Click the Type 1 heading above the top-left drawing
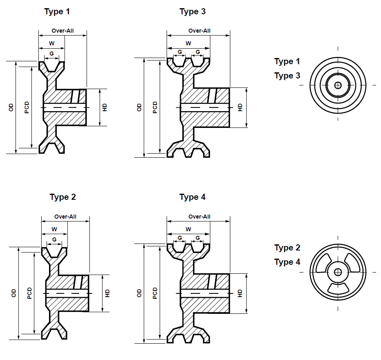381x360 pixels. pyautogui.click(x=57, y=11)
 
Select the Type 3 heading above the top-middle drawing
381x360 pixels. pyautogui.click(x=192, y=11)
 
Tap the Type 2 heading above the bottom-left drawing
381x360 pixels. pyautogui.click(x=63, y=197)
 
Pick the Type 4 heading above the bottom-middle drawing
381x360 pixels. pyautogui.click(x=192, y=197)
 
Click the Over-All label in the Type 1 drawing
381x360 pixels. pyautogui.click(x=63, y=31)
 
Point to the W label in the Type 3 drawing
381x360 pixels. pyautogui.click(x=188, y=43)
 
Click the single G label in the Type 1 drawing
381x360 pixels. pyautogui.click(x=52, y=54)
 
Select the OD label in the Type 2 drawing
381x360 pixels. pyautogui.click(x=14, y=293)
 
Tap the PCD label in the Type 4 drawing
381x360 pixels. pyautogui.click(x=155, y=293)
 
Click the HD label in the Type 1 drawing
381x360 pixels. pyautogui.click(x=105, y=107)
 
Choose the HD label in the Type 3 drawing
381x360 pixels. pyautogui.click(x=240, y=107)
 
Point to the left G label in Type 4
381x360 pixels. pyautogui.click(x=180, y=238)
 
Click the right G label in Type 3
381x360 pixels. pyautogui.click(x=198, y=52)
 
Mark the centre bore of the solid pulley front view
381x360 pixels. pyautogui.click(x=338, y=85)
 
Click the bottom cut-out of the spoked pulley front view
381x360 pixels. pyautogui.click(x=338, y=288)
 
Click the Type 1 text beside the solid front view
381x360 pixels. pyautogui.click(x=287, y=62)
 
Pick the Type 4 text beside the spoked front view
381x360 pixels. pyautogui.click(x=287, y=262)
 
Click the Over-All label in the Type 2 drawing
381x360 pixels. pyautogui.click(x=65, y=217)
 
